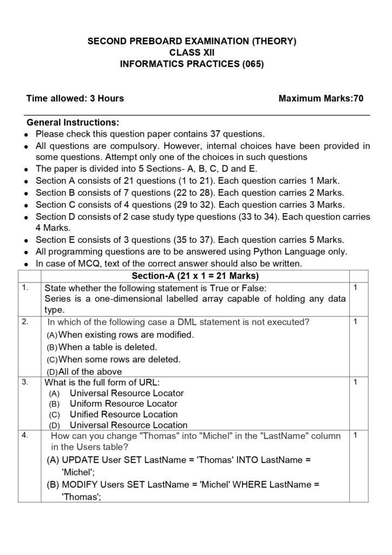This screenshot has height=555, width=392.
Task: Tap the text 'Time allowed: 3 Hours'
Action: tap(75, 98)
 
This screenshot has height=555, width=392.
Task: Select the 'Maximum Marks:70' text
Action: tap(321, 98)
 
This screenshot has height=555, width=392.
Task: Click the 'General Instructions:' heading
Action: tap(73, 122)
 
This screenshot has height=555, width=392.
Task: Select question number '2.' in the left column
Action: tap(25, 322)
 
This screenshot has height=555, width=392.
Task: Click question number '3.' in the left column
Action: tap(25, 382)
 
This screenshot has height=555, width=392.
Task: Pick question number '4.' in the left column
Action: tap(25, 434)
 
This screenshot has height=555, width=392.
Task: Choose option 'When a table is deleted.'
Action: tap(108, 347)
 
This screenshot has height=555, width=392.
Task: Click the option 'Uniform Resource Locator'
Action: tap(123, 404)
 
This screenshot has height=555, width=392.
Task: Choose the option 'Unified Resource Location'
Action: tap(124, 415)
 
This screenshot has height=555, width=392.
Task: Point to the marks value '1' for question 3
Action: tap(355, 382)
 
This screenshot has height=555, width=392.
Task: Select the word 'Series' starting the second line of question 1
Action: tap(57, 299)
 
